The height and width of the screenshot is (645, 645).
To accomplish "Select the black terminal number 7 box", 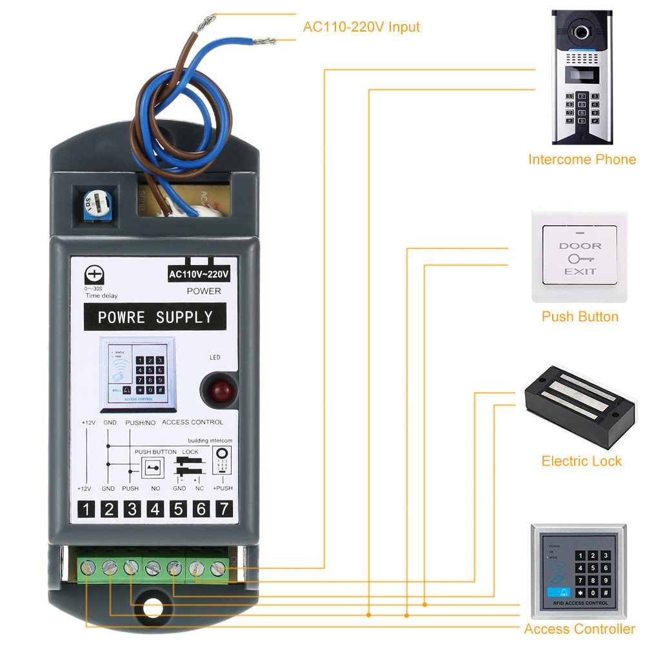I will tap(223, 509).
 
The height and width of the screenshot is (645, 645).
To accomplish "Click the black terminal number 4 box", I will tap(155, 509).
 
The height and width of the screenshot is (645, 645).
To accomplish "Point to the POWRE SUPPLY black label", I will tap(155, 317).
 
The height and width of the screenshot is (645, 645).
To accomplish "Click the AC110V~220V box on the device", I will tap(199, 274).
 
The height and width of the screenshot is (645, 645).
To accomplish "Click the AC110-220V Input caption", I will tap(361, 27).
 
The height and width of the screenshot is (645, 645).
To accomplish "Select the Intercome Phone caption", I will tap(582, 159).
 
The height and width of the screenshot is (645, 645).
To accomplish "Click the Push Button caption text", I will tap(580, 317).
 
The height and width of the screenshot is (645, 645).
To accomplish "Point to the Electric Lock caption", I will tap(581, 461).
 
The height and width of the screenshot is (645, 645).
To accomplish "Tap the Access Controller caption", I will tap(579, 629).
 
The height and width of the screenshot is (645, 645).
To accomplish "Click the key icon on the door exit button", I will tap(580, 258).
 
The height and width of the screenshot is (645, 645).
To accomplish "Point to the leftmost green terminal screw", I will tap(88, 568).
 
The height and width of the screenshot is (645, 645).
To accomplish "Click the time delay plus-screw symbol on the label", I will tap(94, 276).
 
